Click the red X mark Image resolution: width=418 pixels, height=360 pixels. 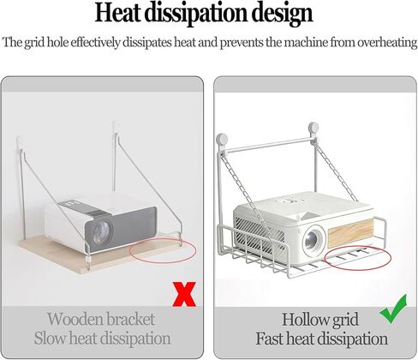point(184,294)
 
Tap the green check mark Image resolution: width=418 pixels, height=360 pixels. point(394,309)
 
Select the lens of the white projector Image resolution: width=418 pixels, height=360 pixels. point(313,238)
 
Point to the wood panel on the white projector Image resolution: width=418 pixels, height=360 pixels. point(350,233)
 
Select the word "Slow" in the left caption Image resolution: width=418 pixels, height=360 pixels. point(51,338)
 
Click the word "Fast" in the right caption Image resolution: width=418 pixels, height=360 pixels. point(269,339)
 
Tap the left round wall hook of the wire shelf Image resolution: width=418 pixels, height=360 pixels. point(222,140)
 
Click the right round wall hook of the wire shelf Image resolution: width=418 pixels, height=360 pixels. point(313,128)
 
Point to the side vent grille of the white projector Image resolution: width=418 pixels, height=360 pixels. point(259,234)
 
